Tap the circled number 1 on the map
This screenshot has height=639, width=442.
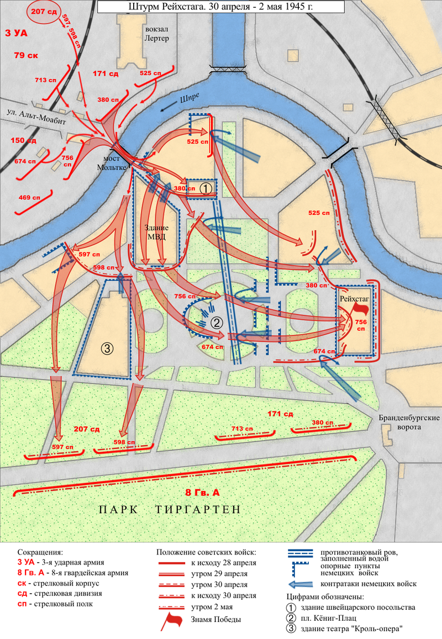click(x=205, y=188)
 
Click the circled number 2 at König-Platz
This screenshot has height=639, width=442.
click(x=217, y=323)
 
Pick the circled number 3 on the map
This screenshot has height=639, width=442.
click(x=107, y=348)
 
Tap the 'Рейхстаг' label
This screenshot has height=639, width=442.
click(x=354, y=298)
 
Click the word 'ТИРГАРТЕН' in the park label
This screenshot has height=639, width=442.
click(x=196, y=509)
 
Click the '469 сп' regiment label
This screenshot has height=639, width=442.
click(x=29, y=197)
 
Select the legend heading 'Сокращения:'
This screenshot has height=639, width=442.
click(x=40, y=552)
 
